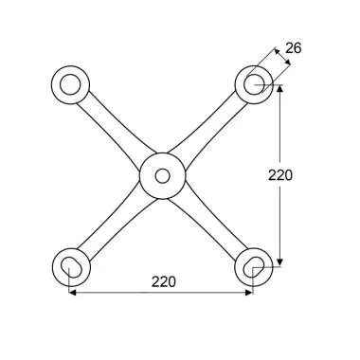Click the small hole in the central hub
[x=162, y=176]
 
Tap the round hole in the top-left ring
[x=70, y=84]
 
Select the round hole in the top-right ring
[x=254, y=84]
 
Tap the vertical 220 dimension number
[x=280, y=175]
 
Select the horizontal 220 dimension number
[x=161, y=281]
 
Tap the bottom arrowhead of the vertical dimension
[x=280, y=263]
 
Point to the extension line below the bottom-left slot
[x=70, y=282]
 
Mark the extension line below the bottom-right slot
[x=253, y=282]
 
